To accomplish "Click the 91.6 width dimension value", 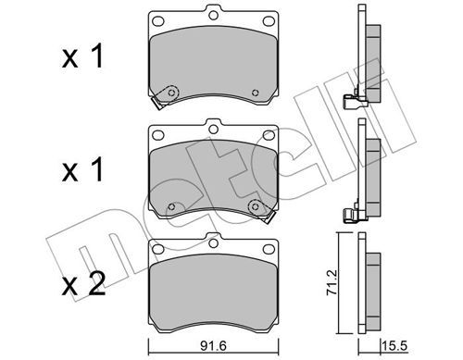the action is coord(213,346).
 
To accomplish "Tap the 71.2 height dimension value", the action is coord(332,283).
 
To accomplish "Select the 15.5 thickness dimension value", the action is coord(394,346).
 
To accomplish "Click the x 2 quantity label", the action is coord(83,285).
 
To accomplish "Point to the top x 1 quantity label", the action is coord(82,56).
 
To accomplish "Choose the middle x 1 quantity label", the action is coord(82,169).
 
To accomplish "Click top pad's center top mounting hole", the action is coord(213,16).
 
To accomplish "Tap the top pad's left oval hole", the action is coord(158,21).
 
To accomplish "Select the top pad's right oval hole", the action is coord(269,21).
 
